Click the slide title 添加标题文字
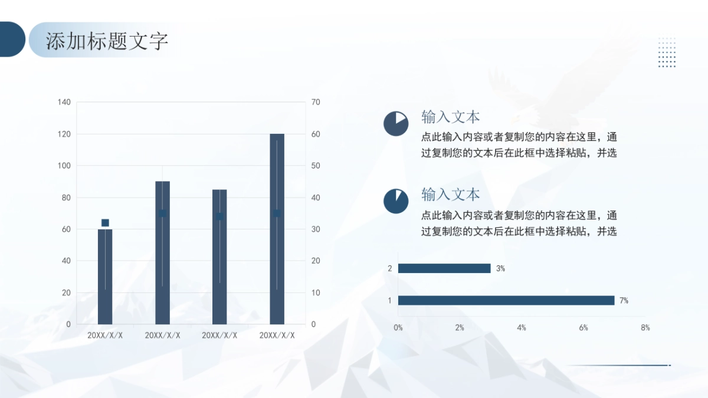(107, 41)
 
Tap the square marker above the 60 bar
(105, 223)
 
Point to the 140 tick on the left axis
(64, 103)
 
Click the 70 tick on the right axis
(316, 103)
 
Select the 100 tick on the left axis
(64, 166)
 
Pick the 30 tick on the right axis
(316, 229)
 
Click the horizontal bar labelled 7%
(506, 300)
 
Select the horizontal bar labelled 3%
(444, 268)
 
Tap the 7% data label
(624, 301)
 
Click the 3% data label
(500, 268)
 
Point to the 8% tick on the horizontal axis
(645, 328)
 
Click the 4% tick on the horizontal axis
(522, 328)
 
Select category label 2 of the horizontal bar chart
(389, 268)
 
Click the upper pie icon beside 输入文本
(396, 123)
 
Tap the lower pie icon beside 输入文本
(396, 201)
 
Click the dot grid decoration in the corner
(667, 52)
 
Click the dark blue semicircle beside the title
(12, 40)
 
